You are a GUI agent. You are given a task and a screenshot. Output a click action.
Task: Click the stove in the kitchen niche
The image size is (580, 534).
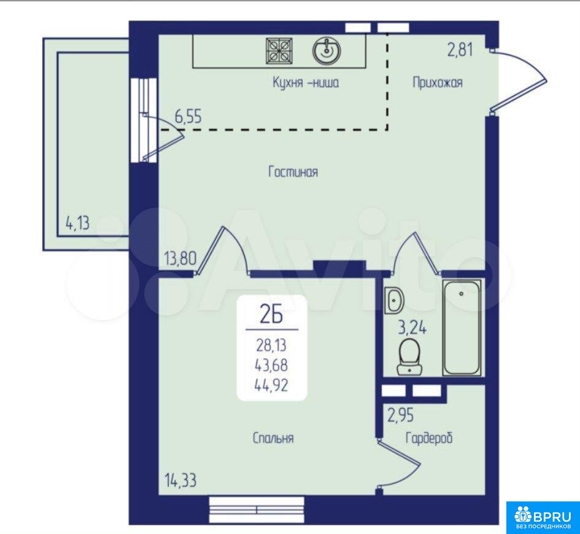(279, 51)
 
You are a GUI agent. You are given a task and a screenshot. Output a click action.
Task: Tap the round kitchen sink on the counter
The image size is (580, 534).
(327, 51)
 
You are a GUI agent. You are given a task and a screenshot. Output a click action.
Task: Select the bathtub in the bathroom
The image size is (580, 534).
(462, 328)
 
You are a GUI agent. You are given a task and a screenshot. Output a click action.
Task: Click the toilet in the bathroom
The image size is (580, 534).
(410, 356)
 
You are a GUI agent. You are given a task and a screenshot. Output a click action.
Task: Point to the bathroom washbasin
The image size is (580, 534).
(394, 300)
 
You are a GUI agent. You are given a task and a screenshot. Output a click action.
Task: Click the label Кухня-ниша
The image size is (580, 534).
(306, 82)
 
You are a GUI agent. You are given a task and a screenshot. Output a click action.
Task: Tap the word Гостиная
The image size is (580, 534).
(293, 172)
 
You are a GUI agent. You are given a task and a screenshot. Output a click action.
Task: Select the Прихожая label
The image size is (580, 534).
(438, 82)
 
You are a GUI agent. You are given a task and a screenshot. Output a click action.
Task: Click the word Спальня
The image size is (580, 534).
(273, 438)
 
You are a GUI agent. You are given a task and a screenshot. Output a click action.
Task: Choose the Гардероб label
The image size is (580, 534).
(429, 438)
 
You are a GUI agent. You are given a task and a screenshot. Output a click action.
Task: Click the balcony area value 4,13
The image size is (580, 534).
(77, 223)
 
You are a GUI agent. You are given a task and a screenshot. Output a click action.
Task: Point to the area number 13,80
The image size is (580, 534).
(180, 258)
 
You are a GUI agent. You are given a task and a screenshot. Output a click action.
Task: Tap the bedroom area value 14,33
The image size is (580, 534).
(180, 481)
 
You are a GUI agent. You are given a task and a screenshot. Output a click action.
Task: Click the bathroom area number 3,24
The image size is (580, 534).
(412, 328)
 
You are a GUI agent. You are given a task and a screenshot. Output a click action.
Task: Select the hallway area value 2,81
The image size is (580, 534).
(460, 50)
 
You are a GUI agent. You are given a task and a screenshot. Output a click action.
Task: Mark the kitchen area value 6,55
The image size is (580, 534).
(188, 117)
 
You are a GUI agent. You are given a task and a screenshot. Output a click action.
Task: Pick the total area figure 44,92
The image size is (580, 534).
(271, 386)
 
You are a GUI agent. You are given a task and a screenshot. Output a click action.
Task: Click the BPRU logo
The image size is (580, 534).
(543, 518)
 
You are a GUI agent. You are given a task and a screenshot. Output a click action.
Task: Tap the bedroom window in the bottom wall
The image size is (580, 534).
(257, 509)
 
